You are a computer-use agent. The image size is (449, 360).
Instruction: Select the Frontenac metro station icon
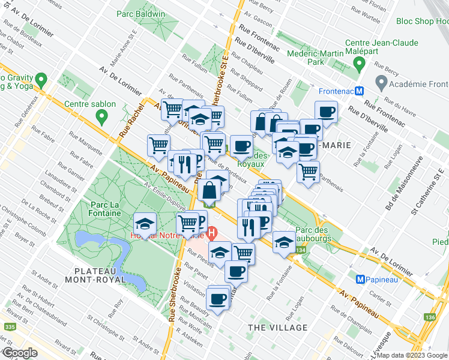359,91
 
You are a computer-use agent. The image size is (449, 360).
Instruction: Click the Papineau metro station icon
361,279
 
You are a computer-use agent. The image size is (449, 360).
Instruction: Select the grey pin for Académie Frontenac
379,81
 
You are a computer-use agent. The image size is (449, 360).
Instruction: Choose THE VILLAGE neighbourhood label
278,328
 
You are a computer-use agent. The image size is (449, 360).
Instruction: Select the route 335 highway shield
8,327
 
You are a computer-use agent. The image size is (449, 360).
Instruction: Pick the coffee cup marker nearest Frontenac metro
327,112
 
